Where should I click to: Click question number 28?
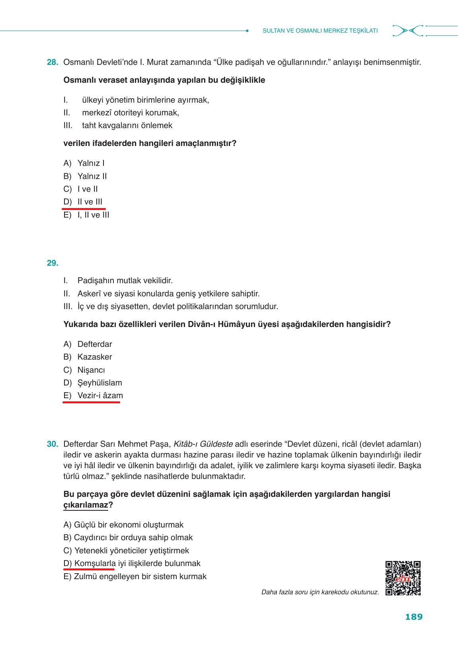[53, 62]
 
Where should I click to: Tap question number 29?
[53, 263]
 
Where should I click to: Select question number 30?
[53, 444]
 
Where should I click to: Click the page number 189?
[413, 617]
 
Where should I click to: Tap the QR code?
[403, 578]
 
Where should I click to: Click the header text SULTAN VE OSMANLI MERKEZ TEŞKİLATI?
[320, 31]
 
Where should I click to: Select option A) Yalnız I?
[84, 163]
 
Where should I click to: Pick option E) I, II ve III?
[86, 215]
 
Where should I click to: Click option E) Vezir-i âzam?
[93, 396]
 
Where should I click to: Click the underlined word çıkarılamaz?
[86, 505]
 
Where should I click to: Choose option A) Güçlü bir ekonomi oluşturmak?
[123, 525]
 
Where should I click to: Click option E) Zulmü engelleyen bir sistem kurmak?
[135, 576]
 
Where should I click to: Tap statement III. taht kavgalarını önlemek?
[118, 126]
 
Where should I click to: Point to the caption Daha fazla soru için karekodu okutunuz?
[320, 592]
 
